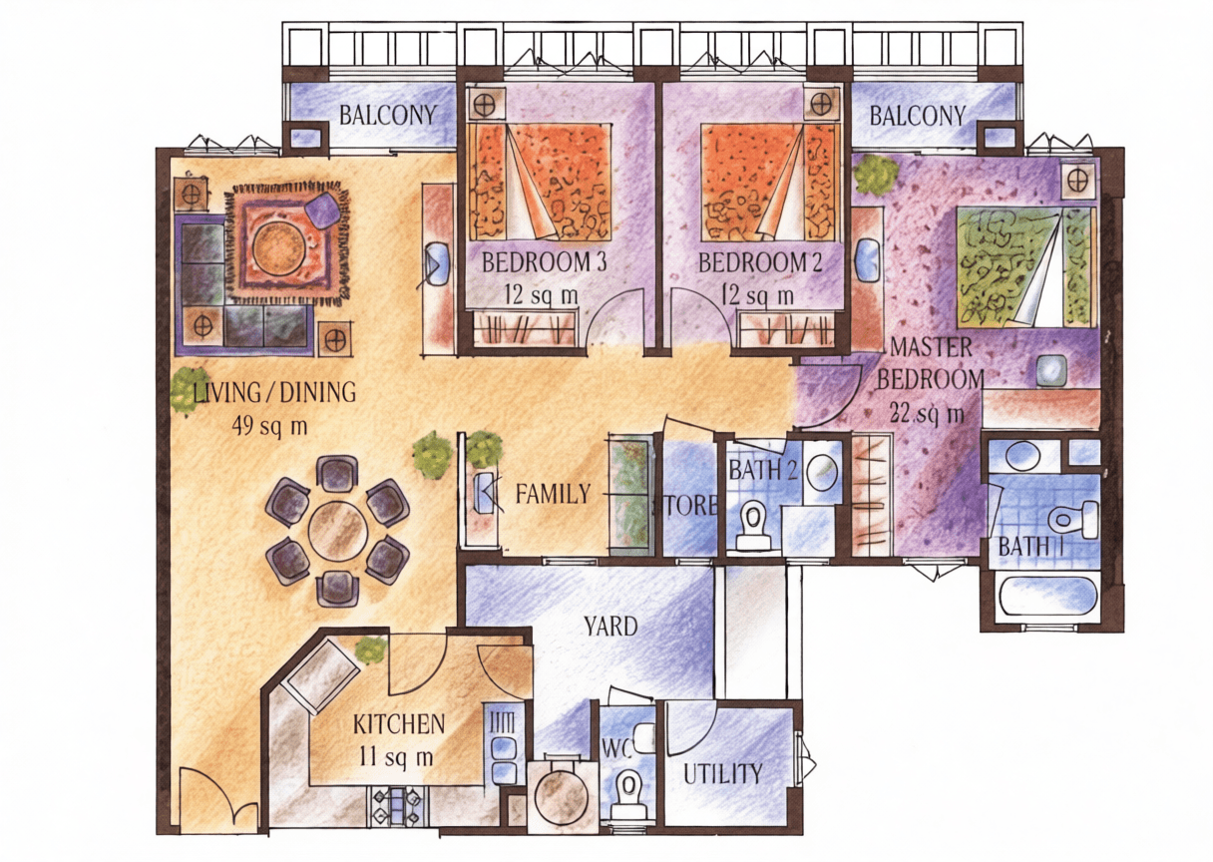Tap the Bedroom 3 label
[x=544, y=262]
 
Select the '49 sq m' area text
[x=269, y=427]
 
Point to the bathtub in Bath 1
[x=1039, y=597]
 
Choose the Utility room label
[x=723, y=774]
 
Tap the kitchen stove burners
[x=397, y=805]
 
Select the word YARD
[x=610, y=627]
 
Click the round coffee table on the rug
[x=278, y=242]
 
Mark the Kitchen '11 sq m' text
[x=396, y=757]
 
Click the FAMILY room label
[x=553, y=494]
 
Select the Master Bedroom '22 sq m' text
[x=927, y=414]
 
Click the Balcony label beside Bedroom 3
[x=387, y=115]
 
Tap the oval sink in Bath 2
[x=822, y=471]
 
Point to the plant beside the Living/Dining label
[x=190, y=390]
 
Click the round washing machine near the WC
[x=561, y=795]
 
